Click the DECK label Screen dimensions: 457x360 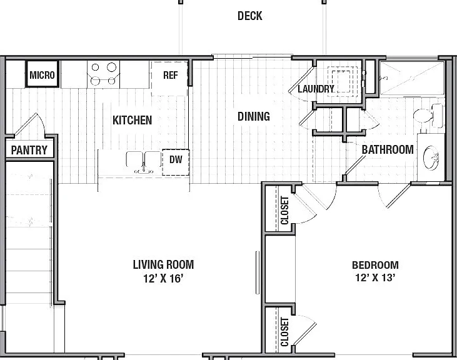tap(250, 16)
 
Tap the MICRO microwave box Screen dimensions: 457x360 tap(43, 74)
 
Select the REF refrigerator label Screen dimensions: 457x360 tap(171, 75)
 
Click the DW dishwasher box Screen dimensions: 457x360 tap(176, 162)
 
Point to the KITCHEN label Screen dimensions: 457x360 tap(133, 120)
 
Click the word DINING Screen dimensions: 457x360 tap(254, 116)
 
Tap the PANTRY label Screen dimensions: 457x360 tap(29, 150)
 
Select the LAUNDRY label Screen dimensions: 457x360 tap(316, 89)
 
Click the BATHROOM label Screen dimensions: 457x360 tap(388, 150)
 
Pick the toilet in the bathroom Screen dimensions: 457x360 tap(428, 116)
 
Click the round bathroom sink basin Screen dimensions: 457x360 tap(431, 158)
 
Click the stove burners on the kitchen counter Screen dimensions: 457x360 tap(104, 74)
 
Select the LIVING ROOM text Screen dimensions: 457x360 tap(163, 264)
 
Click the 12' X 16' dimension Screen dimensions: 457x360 tap(163, 279)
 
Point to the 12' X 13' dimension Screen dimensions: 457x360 tap(375, 277)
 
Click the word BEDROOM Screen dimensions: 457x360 tap(375, 265)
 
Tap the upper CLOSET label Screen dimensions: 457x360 tap(284, 210)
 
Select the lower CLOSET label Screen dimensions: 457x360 tap(284, 332)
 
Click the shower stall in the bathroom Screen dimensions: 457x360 tap(412, 78)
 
